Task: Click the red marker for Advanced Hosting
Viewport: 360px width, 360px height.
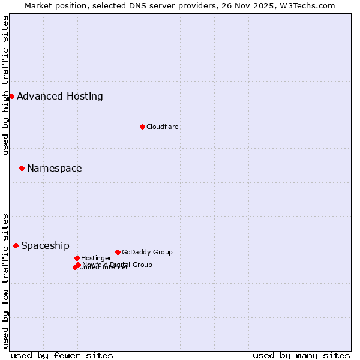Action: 11,96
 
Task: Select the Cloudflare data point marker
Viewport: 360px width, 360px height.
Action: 142,127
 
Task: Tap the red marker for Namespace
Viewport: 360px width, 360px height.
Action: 22,168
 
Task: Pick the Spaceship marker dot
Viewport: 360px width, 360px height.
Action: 16,245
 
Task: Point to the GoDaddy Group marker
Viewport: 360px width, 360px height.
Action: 118,252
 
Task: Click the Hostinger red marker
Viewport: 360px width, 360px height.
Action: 77,258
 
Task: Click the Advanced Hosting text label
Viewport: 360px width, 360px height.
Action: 60,96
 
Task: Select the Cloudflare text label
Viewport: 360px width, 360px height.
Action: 163,127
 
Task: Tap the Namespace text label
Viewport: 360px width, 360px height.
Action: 55,168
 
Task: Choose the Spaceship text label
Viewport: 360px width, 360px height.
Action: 45,245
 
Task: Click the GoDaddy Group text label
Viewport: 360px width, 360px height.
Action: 147,252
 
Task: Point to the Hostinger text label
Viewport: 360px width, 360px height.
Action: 97,258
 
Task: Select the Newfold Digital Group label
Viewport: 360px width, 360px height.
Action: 118,265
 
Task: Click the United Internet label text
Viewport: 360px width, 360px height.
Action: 104,268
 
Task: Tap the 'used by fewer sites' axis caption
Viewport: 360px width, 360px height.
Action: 62,355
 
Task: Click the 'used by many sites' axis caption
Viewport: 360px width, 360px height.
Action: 301,355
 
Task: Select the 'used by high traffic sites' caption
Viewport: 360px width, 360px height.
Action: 6,85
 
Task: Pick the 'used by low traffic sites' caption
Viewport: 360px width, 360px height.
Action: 6,280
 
